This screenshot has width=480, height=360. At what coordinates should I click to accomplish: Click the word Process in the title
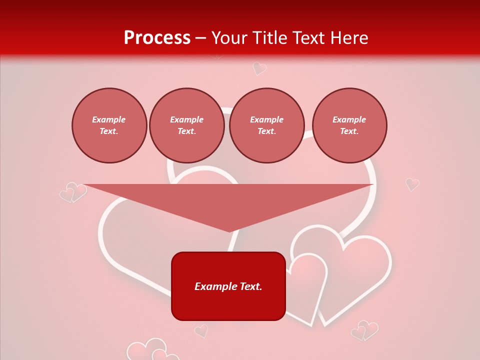pos(157,38)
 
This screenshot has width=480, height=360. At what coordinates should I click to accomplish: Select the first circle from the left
pos(109,125)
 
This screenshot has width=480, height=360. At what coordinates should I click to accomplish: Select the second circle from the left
pos(186,125)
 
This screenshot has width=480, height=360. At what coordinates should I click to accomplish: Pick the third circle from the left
pos(266,125)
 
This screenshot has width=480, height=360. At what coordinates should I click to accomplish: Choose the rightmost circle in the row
pos(349,125)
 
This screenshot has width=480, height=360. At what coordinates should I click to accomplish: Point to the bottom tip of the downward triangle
pos(229,231)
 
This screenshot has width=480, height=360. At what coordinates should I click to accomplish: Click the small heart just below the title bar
pos(259,68)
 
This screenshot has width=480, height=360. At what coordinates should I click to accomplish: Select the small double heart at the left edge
pos(73,192)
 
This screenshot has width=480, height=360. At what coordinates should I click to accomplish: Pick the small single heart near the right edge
pos(412,184)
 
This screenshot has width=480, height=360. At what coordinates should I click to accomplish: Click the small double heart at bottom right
pos(364,330)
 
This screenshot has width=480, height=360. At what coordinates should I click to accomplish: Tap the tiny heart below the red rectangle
pos(201,330)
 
